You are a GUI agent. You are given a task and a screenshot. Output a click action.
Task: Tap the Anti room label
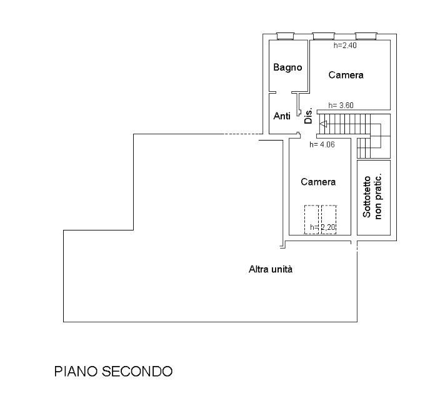pyautogui.click(x=282, y=116)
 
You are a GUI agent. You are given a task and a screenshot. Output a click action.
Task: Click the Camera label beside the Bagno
pyautogui.click(x=346, y=75)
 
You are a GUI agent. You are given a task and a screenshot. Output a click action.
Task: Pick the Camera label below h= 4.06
pyautogui.click(x=318, y=182)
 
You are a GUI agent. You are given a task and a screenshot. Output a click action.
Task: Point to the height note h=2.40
pyautogui.click(x=344, y=45)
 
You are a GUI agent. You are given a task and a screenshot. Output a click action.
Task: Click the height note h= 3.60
pyautogui.click(x=341, y=106)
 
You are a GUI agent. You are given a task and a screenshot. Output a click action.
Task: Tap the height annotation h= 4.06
pyautogui.click(x=322, y=145)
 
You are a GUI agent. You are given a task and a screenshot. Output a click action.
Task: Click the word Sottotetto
pyautogui.click(x=367, y=197)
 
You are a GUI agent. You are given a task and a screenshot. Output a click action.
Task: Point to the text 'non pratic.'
pyautogui.click(x=378, y=197)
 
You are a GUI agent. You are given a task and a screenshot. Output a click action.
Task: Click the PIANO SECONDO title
pyautogui.click(x=113, y=371)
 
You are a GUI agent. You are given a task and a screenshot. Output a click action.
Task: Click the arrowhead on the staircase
pyautogui.click(x=322, y=124)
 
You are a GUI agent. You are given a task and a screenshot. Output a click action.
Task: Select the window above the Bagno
pyautogui.click(x=285, y=36)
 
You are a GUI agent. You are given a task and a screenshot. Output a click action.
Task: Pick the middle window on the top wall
pyautogui.click(x=322, y=36)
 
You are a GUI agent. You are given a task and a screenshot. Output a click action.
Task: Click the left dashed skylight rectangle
pyautogui.click(x=311, y=219)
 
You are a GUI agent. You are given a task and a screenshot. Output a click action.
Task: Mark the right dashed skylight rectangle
pyautogui.click(x=329, y=219)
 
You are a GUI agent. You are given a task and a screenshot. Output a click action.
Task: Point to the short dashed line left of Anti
pyautogui.click(x=243, y=134)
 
